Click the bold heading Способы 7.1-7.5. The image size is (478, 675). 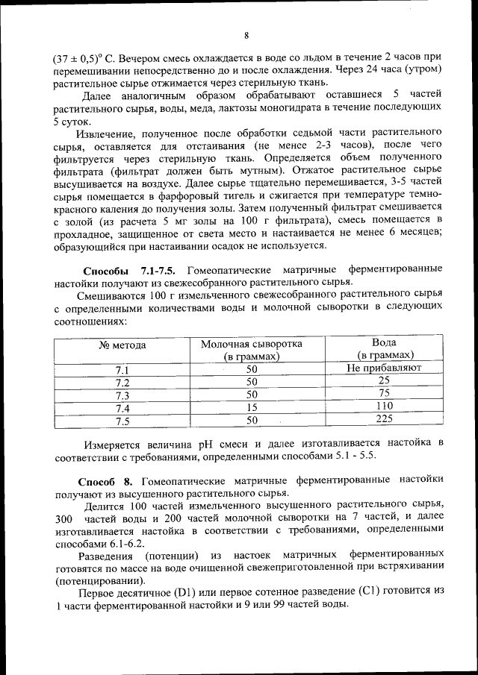[x=128, y=269]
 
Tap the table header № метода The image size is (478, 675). [x=122, y=345]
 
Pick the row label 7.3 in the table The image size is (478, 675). [x=122, y=395]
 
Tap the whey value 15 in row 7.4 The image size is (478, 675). [x=252, y=407]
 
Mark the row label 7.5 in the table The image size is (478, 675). [x=122, y=420]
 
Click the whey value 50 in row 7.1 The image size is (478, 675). [x=252, y=369]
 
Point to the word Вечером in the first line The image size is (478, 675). [x=133, y=57]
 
